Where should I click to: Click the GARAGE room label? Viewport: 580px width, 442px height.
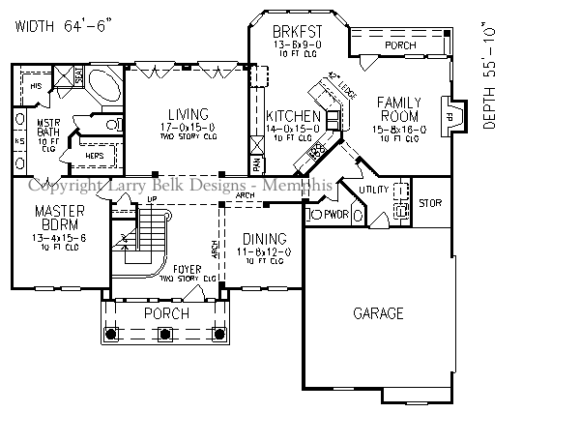(x=378, y=313)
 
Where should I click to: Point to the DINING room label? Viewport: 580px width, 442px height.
(x=264, y=239)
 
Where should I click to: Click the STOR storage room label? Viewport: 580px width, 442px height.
(x=430, y=203)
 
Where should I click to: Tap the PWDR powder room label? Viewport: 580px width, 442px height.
(x=335, y=214)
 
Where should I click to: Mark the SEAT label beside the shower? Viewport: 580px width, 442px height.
(x=77, y=75)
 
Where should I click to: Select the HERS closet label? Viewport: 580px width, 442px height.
(x=95, y=155)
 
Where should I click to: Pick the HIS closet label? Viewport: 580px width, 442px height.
(x=36, y=86)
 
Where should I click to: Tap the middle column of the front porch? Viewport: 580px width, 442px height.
(x=164, y=334)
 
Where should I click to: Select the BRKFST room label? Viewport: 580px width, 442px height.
(x=296, y=30)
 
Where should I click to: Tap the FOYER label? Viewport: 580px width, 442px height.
(x=188, y=268)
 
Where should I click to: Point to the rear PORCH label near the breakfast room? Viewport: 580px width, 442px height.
(x=400, y=44)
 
